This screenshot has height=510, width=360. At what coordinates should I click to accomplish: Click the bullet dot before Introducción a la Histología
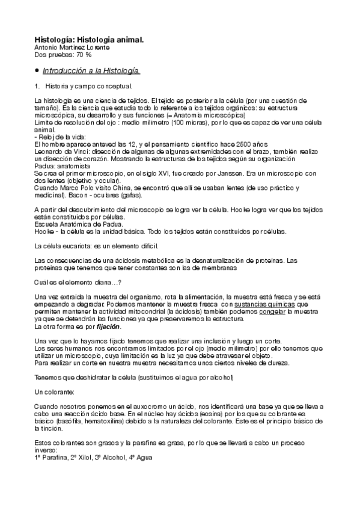[37, 71]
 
